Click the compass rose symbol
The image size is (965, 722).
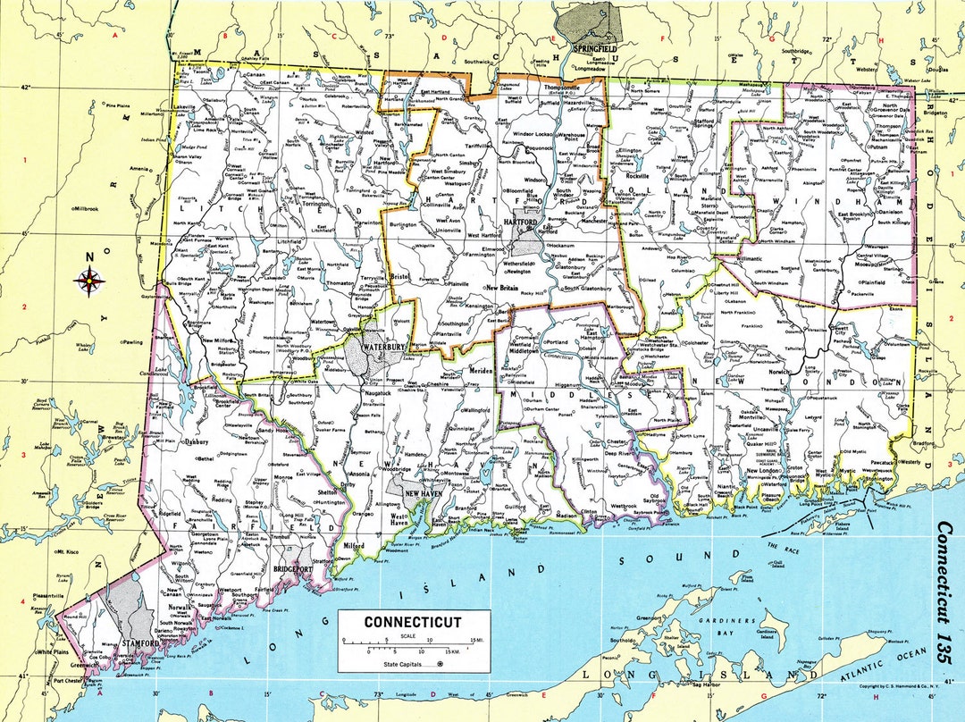[x=89, y=280]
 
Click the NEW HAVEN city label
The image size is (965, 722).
[x=424, y=494]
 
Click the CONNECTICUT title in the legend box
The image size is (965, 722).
[x=413, y=622]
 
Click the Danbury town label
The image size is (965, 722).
[x=196, y=441]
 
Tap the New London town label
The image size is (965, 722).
[x=764, y=471]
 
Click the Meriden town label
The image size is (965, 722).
[x=480, y=370]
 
